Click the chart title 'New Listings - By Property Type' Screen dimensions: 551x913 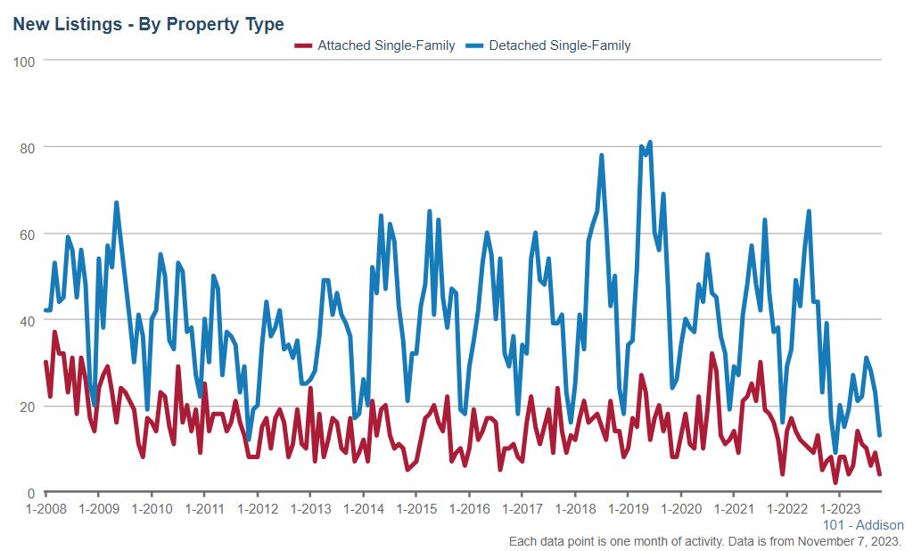pyautogui.click(x=148, y=24)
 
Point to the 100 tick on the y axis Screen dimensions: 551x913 pyautogui.click(x=24, y=61)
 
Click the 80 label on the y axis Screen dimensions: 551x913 pyautogui.click(x=28, y=147)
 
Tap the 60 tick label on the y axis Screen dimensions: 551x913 pyautogui.click(x=28, y=234)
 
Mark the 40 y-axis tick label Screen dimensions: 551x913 pyautogui.click(x=28, y=320)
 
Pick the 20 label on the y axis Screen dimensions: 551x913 pyautogui.click(x=28, y=407)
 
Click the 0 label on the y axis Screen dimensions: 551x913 pyautogui.click(x=31, y=493)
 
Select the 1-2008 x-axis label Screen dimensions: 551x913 pyautogui.click(x=45, y=509)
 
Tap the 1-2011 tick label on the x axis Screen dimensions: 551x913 pyautogui.click(x=204, y=509)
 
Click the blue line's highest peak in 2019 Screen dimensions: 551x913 pyautogui.click(x=650, y=142)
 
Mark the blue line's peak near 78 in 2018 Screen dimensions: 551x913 pyautogui.click(x=602, y=155)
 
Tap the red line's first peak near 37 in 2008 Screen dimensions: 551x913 pyautogui.click(x=54, y=333)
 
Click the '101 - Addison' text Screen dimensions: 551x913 pyautogui.click(x=862, y=525)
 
